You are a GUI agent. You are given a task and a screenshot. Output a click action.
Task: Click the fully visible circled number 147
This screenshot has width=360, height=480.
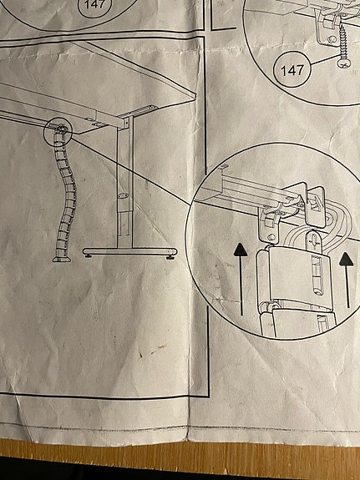292,69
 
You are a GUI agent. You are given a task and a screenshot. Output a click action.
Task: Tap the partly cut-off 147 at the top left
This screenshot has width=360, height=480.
94,6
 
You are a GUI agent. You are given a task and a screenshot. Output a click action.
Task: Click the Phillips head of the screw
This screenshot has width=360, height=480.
344,63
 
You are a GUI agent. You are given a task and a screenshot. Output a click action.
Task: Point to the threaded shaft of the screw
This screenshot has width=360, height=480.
342,43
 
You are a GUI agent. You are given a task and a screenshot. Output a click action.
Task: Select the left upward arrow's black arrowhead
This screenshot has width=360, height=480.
241,250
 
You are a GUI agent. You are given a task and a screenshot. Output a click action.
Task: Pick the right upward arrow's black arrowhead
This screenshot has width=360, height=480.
346,259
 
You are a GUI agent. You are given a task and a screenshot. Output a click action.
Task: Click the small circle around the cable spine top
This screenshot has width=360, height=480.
58,132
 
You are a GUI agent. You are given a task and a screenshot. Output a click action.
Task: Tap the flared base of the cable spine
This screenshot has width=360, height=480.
62,259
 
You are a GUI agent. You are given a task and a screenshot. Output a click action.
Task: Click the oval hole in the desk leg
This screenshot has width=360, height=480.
123,195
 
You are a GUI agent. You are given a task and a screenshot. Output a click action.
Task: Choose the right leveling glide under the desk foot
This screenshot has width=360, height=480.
170,258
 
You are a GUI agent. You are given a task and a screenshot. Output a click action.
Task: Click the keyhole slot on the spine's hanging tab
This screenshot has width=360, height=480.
313,238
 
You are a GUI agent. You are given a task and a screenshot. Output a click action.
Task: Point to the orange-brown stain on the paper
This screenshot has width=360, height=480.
158,349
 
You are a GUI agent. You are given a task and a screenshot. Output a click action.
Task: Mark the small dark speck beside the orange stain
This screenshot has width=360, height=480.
140,355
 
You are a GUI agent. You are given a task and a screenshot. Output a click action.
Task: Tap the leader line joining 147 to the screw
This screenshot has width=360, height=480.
325,60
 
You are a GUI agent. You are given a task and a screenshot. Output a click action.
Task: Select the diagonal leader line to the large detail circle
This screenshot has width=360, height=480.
131,172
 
